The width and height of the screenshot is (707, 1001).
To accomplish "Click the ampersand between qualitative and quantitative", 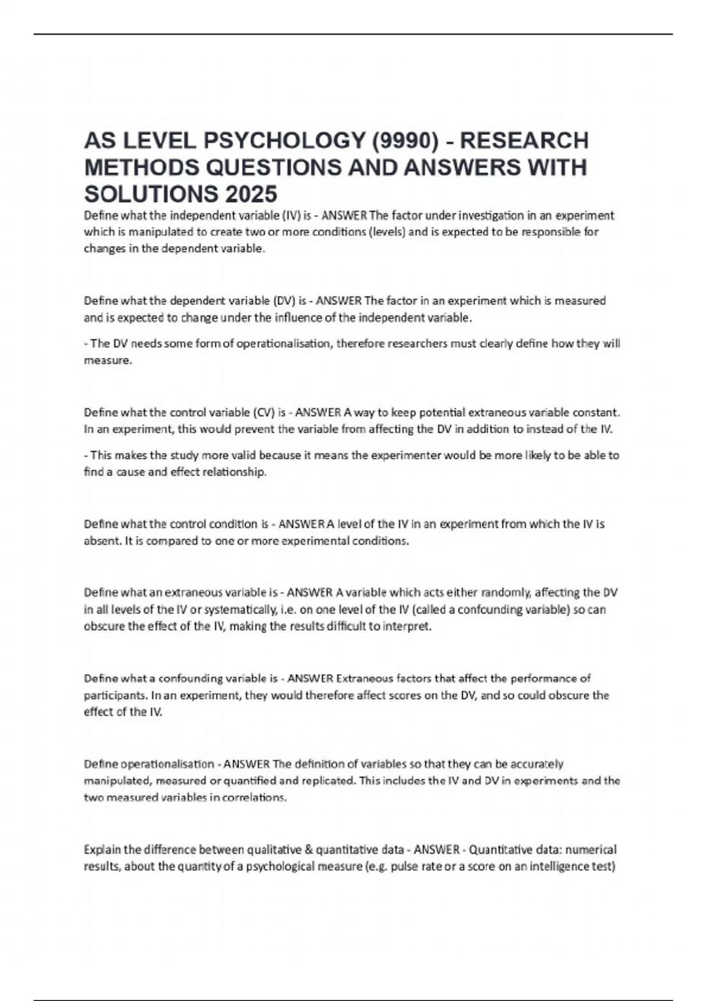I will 309,850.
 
